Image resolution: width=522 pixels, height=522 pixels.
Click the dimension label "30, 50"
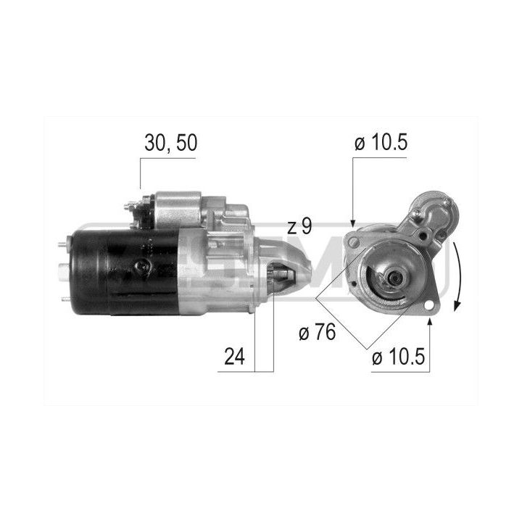(171, 143)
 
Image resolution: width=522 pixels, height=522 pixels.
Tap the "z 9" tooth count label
(299, 226)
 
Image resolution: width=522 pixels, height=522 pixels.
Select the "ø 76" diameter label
(318, 332)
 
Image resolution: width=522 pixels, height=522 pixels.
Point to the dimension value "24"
(234, 356)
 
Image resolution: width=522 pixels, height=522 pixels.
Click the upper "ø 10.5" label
(381, 143)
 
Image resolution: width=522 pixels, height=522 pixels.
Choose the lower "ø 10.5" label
(399, 357)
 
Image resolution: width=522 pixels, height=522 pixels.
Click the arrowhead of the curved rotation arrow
(457, 306)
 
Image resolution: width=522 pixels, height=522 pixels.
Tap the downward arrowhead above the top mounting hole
(353, 223)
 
